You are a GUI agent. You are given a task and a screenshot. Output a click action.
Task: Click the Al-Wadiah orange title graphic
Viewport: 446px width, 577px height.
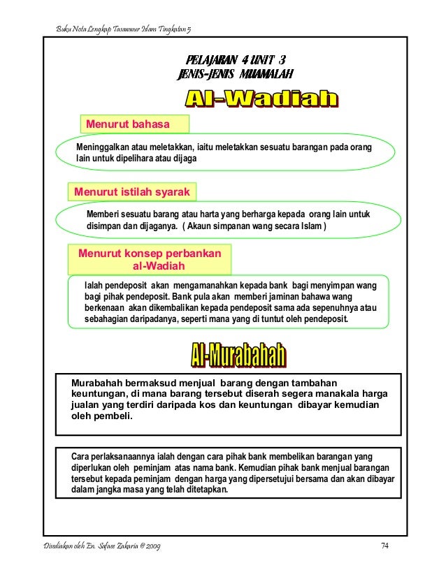coord(261,100)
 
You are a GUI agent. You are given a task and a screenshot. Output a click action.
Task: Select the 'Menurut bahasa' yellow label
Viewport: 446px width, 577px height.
coord(127,124)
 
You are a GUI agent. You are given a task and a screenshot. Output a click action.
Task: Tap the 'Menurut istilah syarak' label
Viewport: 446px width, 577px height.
coord(132,189)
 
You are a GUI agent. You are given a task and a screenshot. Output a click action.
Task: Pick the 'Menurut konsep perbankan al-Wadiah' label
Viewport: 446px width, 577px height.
coord(150,259)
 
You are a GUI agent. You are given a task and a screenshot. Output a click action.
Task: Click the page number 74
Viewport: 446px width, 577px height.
coord(384,545)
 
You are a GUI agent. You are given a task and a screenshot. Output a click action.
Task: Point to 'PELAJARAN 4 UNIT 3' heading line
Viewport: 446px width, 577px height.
coord(235,59)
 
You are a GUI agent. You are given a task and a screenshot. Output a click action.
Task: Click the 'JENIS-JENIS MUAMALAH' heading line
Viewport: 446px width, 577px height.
coord(235,74)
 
